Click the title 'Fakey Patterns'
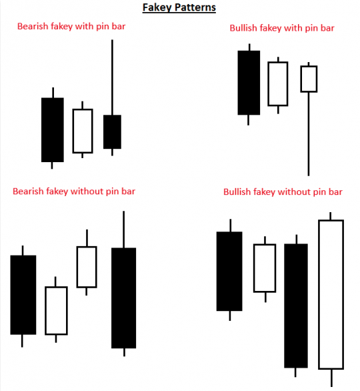point(179,7)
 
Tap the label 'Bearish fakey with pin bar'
point(71,27)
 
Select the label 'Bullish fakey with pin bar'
point(282,28)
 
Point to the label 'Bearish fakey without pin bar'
point(74,191)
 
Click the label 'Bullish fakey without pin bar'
point(283,191)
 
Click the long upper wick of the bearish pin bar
point(112,77)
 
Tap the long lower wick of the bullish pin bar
point(309,134)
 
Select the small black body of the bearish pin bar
point(113,132)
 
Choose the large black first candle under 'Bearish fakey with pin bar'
point(53,129)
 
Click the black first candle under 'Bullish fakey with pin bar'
point(249,83)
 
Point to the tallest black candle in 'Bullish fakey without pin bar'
point(296,306)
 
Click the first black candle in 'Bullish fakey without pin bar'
point(229,272)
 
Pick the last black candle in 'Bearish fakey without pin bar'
point(124,298)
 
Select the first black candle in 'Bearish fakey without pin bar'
point(23,295)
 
